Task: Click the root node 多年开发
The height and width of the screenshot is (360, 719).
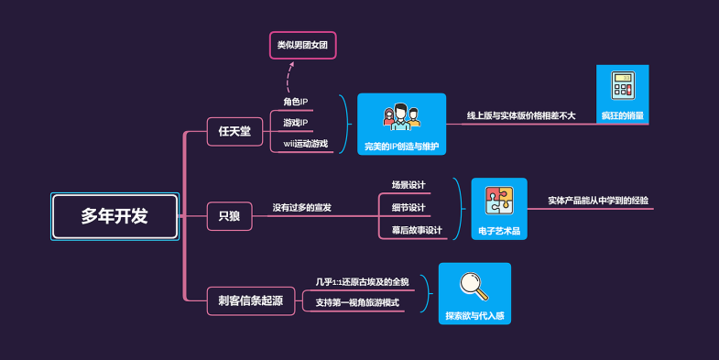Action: coord(114,216)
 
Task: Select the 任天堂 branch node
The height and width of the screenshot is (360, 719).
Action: coord(234,131)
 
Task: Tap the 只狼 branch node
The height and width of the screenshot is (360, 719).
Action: coord(229,216)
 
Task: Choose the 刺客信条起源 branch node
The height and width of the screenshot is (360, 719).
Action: coord(251,300)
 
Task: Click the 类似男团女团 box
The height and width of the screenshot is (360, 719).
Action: coord(302,44)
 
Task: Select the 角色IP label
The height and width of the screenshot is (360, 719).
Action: coord(295,101)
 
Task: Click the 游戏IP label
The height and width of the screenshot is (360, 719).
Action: coord(295,122)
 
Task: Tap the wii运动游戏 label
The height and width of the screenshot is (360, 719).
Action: coord(305,143)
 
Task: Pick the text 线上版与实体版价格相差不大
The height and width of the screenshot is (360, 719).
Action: coord(521,115)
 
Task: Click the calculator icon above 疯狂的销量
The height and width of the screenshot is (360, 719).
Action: coord(623,87)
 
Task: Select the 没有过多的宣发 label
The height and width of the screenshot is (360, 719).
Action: coord(301,208)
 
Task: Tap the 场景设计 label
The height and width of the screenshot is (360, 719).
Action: coord(409,185)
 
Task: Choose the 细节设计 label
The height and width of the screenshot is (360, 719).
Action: coord(409,208)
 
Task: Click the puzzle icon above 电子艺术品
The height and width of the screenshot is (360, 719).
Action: coord(499,202)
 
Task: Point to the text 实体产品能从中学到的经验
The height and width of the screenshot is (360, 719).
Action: coord(598,200)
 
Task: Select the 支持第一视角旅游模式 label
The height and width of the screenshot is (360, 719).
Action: coord(357,302)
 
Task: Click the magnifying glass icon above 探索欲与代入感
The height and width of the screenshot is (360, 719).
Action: coord(474,286)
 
